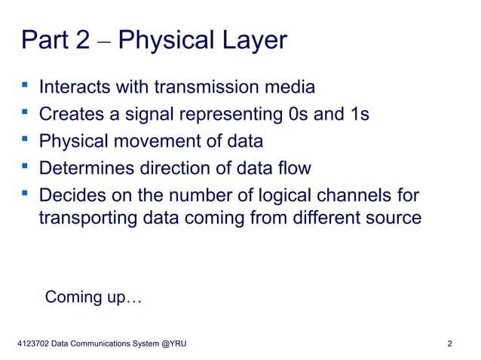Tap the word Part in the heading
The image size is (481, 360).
pos(46,41)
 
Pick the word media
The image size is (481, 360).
pos(290,88)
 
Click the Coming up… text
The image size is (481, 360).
pos(93,297)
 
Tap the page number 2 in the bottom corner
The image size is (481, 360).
pos(449,343)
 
